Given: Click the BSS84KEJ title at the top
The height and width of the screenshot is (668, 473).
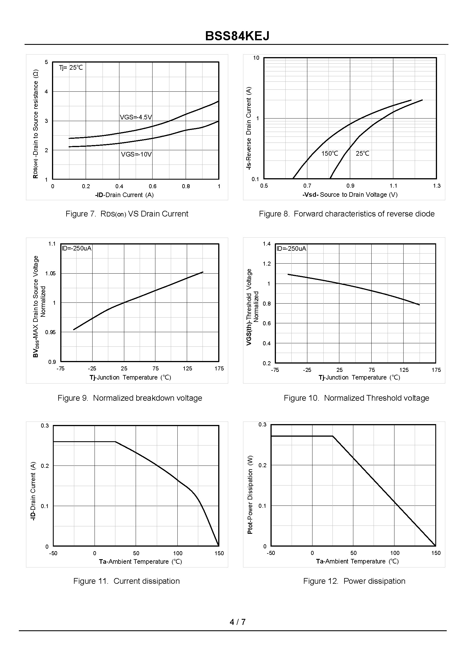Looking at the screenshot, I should pos(237,36).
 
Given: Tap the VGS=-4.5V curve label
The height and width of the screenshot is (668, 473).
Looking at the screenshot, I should pos(136,117).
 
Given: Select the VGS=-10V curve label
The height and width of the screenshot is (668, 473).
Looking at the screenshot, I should pos(136,154).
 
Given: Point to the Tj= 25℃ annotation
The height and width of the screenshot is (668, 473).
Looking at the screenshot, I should pos(71,68).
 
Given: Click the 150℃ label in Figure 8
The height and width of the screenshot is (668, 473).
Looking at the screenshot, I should pos(330,153).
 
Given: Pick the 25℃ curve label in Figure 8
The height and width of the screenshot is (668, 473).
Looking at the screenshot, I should pos(362,153).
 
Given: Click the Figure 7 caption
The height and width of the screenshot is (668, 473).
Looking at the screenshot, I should pos(127,214).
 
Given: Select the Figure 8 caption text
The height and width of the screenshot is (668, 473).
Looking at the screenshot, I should pos(346,214).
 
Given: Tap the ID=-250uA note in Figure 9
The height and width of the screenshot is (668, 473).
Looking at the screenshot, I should pos(77,248).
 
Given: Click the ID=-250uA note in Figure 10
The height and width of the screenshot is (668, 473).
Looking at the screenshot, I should pos(291,248).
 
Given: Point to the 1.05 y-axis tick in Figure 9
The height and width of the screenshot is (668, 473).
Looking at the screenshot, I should pos(50,273).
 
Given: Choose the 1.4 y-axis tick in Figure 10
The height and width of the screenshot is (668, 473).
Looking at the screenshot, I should pos(267,244).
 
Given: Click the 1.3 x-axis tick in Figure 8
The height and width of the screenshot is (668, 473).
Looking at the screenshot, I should pos(437,186).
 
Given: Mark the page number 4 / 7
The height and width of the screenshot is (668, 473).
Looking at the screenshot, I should pos(237,622).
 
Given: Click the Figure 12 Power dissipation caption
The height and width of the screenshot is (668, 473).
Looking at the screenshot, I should pos(354,581).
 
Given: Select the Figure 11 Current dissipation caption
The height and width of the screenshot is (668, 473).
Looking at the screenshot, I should pos(127,581).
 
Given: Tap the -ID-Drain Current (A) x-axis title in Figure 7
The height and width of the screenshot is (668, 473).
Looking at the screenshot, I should pos(124,195).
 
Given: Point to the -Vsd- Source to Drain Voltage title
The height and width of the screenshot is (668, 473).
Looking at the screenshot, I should pos(350,194).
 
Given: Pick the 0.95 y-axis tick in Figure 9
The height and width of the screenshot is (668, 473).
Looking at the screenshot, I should pos(50,332).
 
